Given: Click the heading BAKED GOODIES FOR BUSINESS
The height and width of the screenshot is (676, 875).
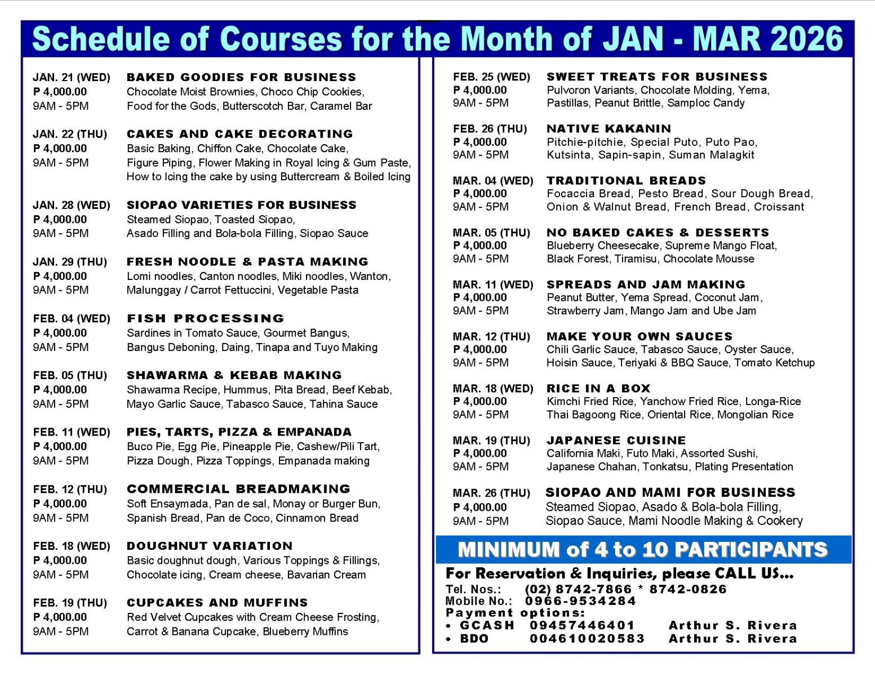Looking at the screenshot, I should pos(241,77).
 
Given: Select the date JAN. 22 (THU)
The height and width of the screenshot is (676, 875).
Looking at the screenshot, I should pos(70,134).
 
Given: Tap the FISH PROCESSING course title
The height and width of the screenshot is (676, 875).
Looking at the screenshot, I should pos(205,318).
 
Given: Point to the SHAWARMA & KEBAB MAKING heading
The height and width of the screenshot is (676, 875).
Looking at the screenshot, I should pos(234,375).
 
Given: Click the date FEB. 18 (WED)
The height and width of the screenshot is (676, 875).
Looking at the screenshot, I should pos(72,546).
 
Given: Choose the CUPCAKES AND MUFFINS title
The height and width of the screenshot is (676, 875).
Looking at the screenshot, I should pos(217,603).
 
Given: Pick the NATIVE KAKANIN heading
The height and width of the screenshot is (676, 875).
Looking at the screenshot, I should pos(608,128).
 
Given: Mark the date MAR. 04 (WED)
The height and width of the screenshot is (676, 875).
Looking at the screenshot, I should pos(492,181).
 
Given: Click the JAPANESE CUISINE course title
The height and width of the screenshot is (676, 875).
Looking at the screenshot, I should pos(616,441).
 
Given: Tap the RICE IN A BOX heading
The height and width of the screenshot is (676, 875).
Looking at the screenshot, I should pos(598,388).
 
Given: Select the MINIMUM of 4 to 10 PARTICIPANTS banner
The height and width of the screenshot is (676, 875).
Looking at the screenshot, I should pos(642,549).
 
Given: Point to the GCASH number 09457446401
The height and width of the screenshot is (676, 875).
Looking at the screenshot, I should pos(581,625).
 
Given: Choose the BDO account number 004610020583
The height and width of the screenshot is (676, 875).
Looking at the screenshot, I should pos(587,639).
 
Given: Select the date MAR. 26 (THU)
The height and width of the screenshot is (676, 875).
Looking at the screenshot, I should pos(491,493).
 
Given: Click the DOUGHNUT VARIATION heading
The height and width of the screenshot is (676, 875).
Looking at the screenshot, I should pos(210,546).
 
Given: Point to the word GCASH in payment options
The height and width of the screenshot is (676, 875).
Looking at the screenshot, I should pos(487,625).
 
